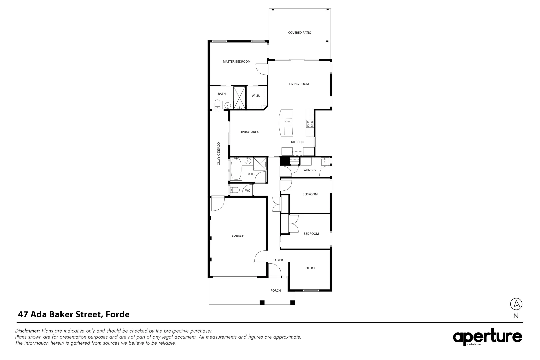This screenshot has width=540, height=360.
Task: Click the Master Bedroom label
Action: point(236,62)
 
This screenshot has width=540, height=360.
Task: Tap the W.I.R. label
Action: point(256,96)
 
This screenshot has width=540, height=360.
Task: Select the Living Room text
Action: point(299,84)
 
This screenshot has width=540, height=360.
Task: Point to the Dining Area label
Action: point(249,132)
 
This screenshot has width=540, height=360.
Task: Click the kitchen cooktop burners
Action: point(310,124)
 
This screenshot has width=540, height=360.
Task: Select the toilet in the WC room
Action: point(235,190)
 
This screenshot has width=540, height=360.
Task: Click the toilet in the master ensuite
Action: point(217,104)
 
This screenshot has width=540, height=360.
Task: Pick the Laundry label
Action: point(309,170)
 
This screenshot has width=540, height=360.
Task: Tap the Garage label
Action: point(238,236)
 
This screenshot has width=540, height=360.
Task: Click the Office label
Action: point(310,268)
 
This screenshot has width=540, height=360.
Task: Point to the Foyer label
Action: point(278,260)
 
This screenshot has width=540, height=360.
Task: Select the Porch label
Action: point(275,291)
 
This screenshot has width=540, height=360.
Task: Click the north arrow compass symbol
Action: point(516,304)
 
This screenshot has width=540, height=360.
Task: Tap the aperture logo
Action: point(487,338)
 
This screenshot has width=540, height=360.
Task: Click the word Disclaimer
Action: point(28,331)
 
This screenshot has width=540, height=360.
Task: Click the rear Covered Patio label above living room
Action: point(300,33)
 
